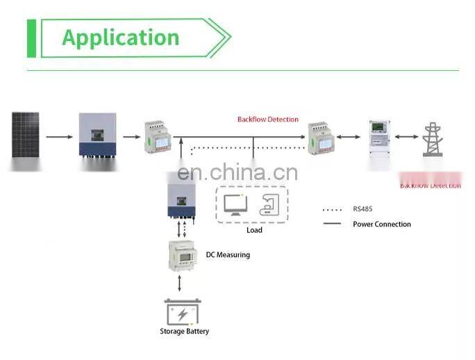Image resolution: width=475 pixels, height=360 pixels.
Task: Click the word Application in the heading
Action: point(121,37)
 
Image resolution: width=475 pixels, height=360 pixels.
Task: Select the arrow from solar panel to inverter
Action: point(60,136)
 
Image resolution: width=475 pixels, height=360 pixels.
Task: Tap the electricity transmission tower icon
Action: point(433,139)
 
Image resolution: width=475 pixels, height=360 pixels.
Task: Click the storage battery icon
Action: point(182,312)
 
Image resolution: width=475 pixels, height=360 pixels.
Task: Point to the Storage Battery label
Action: point(184,332)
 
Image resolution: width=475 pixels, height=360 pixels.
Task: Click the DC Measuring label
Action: point(228,255)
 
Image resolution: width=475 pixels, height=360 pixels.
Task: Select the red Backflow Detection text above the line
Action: point(267,120)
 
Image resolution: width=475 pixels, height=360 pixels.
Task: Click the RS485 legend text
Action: point(363,208)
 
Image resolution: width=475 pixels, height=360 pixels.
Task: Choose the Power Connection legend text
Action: point(381,224)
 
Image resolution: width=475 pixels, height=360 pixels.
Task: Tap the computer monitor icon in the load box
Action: point(235,204)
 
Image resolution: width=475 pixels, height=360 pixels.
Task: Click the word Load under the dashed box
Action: point(254,230)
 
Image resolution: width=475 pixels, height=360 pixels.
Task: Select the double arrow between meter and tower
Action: point(408,137)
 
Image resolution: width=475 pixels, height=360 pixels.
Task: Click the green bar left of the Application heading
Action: point(31,38)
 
